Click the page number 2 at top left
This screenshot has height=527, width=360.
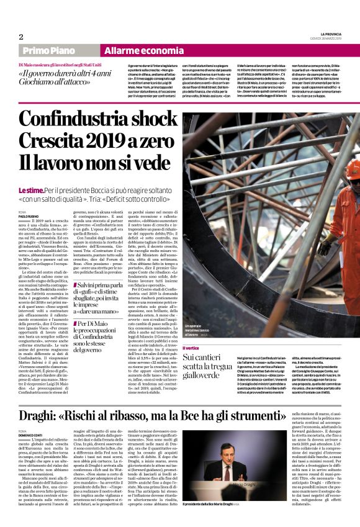tap(21, 37)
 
